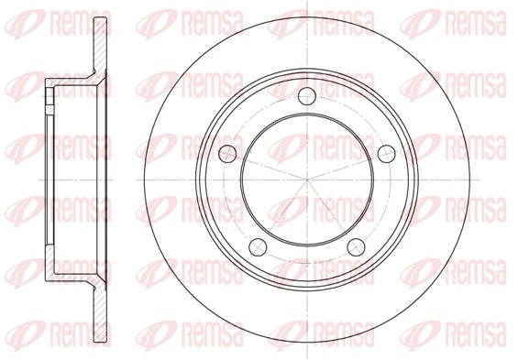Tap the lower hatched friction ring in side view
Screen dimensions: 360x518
click(95, 293)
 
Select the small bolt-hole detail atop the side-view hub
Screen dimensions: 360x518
click(48, 94)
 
